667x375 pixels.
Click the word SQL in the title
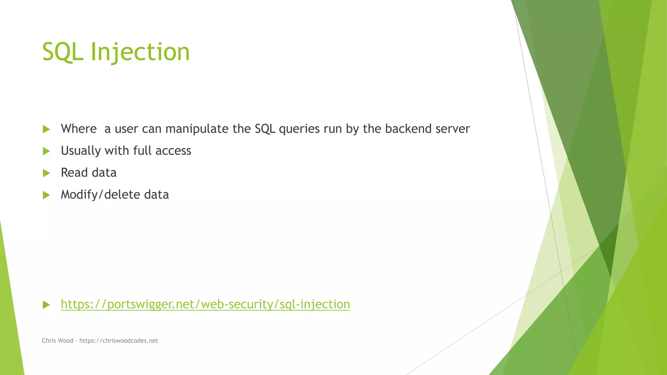[63, 52]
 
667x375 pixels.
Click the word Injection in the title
[140, 52]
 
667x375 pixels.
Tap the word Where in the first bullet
[79, 129]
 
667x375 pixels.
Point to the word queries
[299, 129]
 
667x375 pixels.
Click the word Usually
[81, 151]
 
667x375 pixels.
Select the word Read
[74, 173]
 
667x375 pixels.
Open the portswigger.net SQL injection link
[206, 304]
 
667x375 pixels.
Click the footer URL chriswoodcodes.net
[119, 340]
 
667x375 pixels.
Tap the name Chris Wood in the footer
[58, 340]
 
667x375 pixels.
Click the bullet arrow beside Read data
[46, 173]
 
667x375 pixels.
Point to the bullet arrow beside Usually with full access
[46, 151]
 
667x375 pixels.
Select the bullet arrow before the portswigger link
[46, 305]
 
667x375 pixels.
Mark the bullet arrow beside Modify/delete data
[46, 195]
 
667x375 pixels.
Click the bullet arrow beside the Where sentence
[46, 129]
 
